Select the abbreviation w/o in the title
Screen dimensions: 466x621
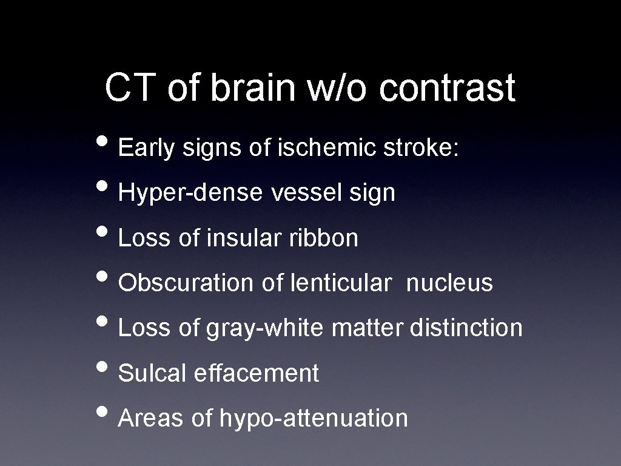[340, 88]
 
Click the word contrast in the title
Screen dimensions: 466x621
[448, 88]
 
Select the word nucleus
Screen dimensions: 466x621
[449, 283]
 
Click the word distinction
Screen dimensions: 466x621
[466, 328]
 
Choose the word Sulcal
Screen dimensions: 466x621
[153, 373]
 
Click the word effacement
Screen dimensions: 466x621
[256, 373]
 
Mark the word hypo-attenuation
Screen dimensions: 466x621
[314, 418]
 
